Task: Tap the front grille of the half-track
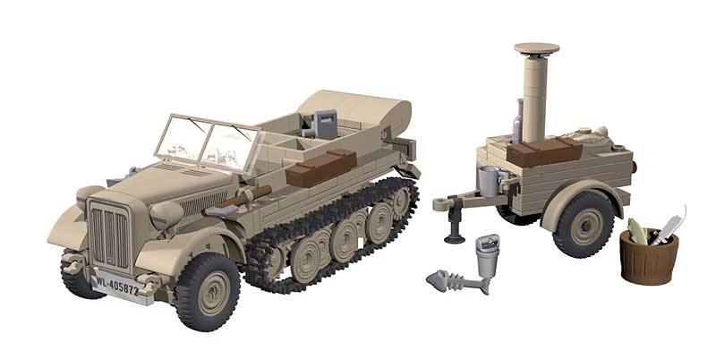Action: pos(109,235)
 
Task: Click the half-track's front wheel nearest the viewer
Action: pos(208,291)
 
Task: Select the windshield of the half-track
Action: pos(208,141)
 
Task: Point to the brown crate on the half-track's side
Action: pos(321,167)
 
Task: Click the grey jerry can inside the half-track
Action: pos(325,124)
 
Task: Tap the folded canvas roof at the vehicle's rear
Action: pos(355,108)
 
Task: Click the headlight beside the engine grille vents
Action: pos(166,214)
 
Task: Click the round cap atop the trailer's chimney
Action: pos(536,48)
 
